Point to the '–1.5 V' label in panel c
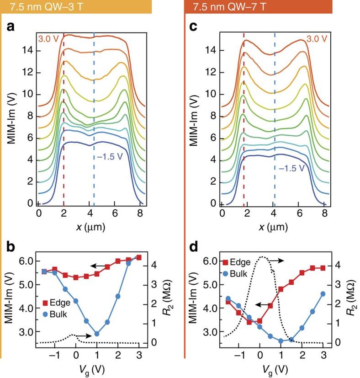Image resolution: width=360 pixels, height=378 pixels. pyautogui.click(x=291, y=168)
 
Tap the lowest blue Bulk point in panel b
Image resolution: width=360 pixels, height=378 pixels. pyautogui.click(x=96, y=334)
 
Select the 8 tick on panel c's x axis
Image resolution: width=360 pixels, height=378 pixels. pyautogui.click(x=324, y=213)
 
